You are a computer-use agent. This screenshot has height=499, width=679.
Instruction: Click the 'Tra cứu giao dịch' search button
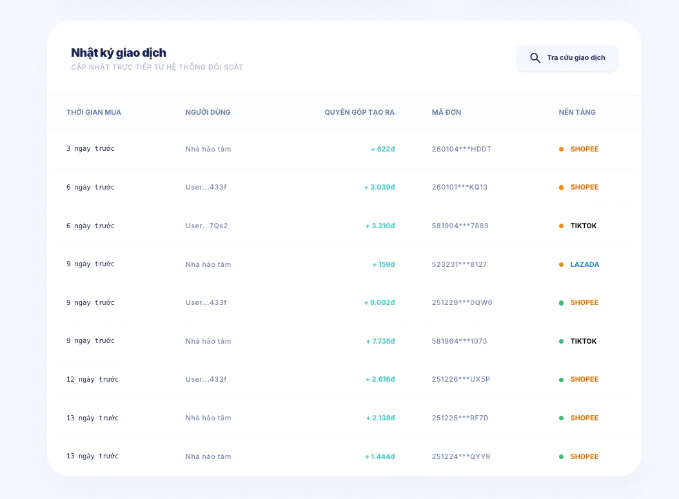tap(567, 58)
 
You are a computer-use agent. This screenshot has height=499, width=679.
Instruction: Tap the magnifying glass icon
tap(535, 58)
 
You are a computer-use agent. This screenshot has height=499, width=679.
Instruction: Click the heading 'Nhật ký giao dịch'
tap(119, 53)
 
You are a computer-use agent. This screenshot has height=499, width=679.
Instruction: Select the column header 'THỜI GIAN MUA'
tap(93, 112)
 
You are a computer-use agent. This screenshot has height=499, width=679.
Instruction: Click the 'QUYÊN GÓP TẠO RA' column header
tap(359, 112)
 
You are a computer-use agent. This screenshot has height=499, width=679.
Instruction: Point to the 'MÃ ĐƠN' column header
tap(446, 112)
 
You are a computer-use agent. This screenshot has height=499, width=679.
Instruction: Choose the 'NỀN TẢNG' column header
tap(577, 112)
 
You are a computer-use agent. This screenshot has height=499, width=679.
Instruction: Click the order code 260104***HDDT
tap(462, 149)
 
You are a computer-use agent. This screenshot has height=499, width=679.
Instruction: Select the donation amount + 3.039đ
tap(379, 187)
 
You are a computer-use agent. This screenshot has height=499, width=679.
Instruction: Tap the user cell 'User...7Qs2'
tap(206, 226)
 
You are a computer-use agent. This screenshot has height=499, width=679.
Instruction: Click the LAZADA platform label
tap(585, 264)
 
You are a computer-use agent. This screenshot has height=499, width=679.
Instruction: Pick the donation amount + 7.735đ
tap(380, 341)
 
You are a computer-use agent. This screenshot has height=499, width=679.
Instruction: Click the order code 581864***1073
tap(460, 341)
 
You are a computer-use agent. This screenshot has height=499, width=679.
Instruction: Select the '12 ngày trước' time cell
tap(92, 379)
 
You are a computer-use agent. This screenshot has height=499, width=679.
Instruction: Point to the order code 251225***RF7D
tap(460, 418)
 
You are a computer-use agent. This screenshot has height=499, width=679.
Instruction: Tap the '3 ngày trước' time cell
tap(90, 149)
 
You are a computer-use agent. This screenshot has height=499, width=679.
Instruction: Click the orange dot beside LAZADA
tap(561, 264)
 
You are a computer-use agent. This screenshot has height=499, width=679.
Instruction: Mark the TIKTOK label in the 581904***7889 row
tap(584, 226)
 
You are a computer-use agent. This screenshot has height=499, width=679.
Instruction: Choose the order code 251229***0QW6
tap(462, 302)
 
